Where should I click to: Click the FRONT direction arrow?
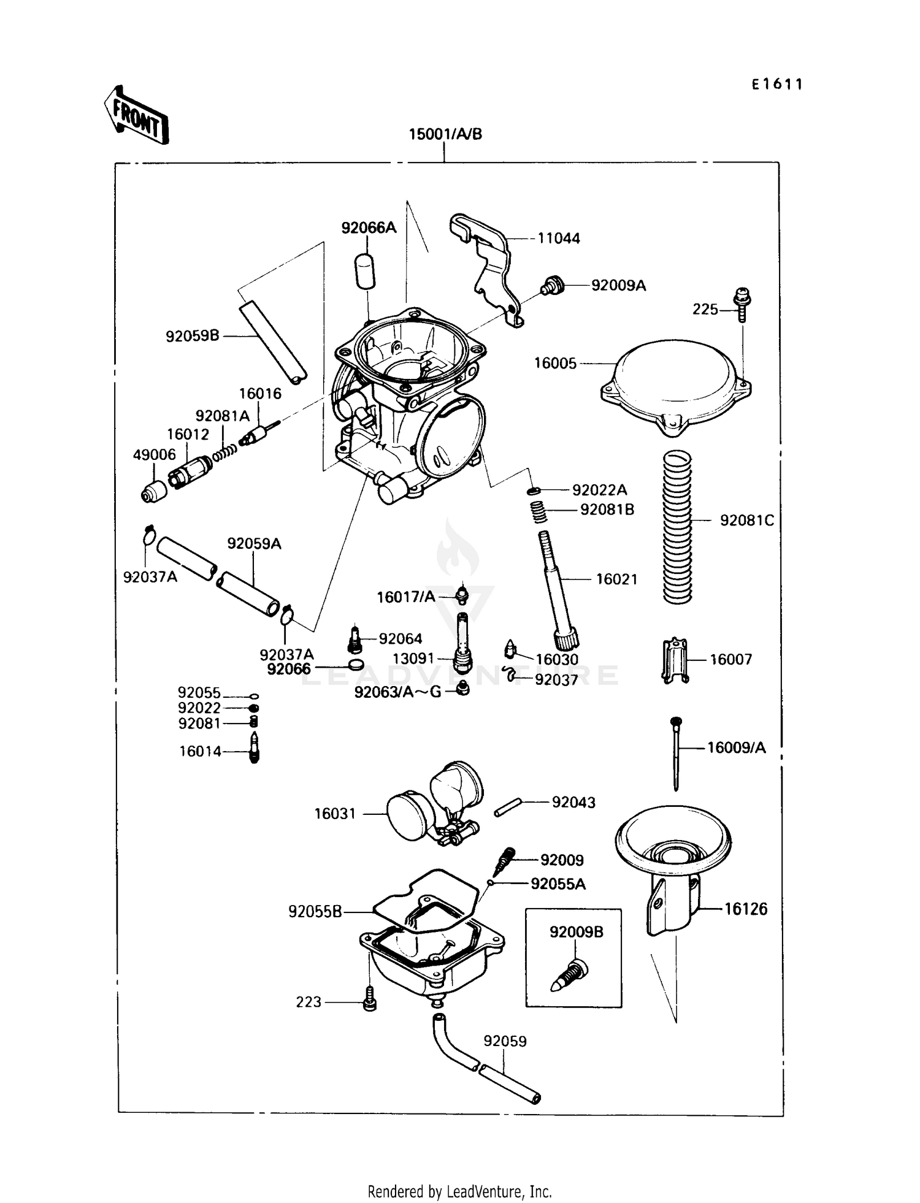(136, 116)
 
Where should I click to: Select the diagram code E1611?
(777, 85)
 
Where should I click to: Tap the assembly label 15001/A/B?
(445, 134)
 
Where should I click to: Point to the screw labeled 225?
(743, 304)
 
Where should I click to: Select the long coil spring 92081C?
(677, 526)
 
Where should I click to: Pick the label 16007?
(730, 660)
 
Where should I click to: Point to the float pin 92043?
(508, 807)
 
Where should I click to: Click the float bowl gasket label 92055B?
(315, 912)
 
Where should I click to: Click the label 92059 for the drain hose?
(505, 1041)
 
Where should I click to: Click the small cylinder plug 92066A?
(364, 271)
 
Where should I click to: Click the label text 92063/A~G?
(397, 692)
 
